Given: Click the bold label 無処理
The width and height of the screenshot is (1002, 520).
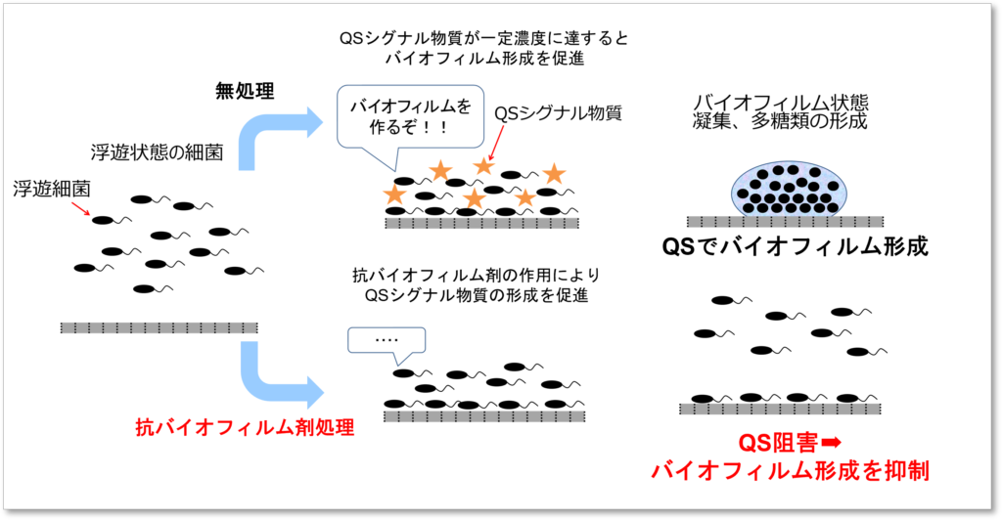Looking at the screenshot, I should click(245, 92).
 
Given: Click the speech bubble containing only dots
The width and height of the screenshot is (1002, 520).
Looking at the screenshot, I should click(387, 340).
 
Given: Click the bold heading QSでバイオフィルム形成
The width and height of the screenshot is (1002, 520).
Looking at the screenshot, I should click(795, 247).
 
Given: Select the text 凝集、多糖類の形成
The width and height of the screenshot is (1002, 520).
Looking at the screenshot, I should click(782, 122).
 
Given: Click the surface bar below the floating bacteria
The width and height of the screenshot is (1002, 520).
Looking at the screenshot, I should click(159, 326).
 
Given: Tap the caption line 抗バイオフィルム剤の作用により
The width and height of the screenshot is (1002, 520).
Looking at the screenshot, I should click(476, 277).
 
